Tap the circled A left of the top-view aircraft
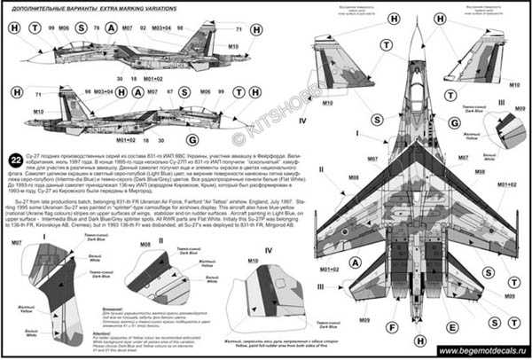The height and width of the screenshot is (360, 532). click(355, 262)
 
